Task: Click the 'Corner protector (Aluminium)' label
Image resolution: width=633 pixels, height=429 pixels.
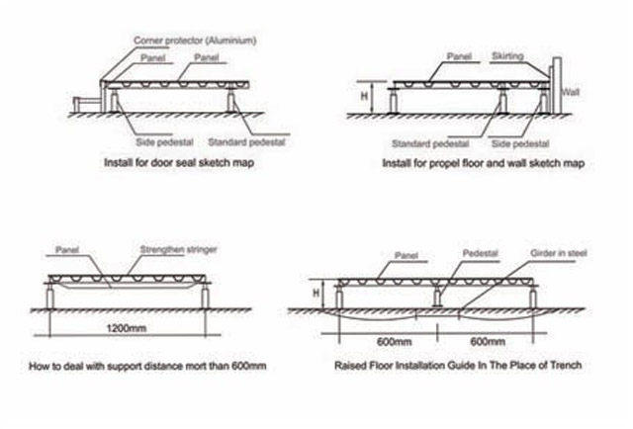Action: click(x=195, y=41)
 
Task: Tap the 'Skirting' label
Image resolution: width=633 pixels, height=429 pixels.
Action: click(x=507, y=56)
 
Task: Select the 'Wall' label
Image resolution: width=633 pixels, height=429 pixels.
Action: click(x=571, y=92)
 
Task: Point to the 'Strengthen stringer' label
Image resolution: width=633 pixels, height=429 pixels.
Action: click(x=178, y=249)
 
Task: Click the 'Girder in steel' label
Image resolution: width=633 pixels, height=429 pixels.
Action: click(x=558, y=253)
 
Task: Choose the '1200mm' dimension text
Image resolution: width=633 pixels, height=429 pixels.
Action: click(x=127, y=328)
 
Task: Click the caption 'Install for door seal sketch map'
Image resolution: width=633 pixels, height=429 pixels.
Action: click(x=179, y=163)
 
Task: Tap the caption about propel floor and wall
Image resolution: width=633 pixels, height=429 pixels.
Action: click(x=484, y=163)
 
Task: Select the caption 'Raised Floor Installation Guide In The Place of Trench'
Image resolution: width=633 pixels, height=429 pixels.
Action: click(x=458, y=365)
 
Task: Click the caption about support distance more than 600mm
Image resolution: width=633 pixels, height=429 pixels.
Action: click(x=147, y=366)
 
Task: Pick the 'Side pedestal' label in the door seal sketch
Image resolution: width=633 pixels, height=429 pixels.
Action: click(x=164, y=142)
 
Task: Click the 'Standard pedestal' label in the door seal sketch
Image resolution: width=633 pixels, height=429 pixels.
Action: click(x=246, y=142)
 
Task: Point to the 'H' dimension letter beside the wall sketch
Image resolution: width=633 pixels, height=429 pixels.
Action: click(x=364, y=96)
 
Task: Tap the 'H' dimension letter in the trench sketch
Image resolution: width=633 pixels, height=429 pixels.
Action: click(x=316, y=293)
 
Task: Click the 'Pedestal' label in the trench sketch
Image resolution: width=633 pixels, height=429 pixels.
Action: click(x=480, y=253)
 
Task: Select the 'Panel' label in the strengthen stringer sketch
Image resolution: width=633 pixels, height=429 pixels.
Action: click(x=67, y=250)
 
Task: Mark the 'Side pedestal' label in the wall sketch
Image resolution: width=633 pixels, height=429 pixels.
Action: click(x=520, y=143)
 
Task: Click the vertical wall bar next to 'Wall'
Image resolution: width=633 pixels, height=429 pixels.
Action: click(x=557, y=85)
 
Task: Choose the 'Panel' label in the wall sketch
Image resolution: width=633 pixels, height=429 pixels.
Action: click(x=459, y=56)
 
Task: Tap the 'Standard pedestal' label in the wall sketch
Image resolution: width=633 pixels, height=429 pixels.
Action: click(x=430, y=143)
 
